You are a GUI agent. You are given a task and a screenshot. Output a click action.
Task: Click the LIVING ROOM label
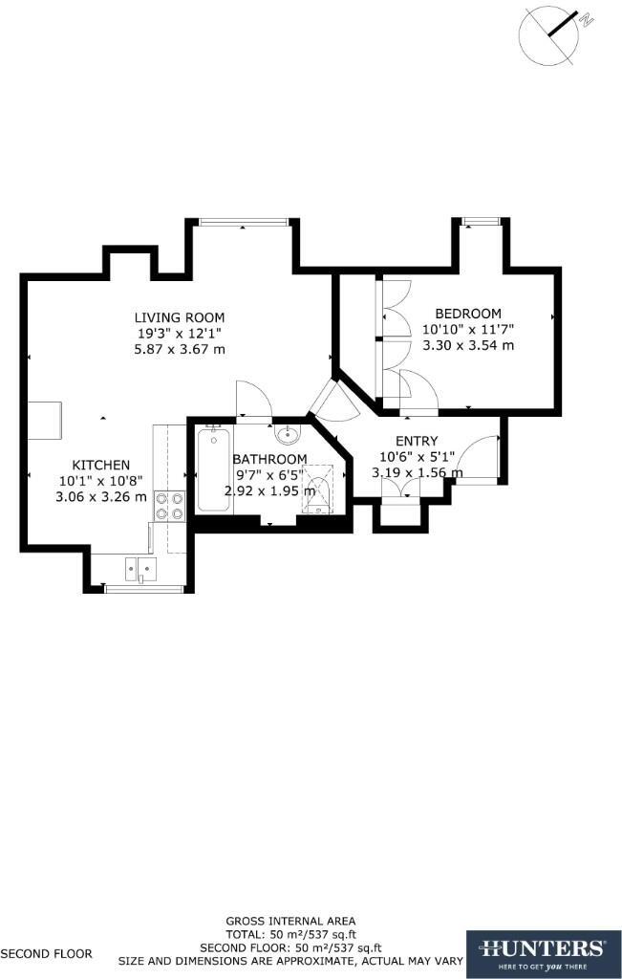pos(180,317)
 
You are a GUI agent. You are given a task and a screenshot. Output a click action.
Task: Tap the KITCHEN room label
pos(101,466)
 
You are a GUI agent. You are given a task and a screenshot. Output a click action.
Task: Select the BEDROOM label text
pos(468,314)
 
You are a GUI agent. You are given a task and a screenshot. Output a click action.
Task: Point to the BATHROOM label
pos(269,460)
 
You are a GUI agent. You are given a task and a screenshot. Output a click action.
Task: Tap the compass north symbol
pos(549,33)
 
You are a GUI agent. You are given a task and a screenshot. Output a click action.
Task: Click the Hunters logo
pos(543,953)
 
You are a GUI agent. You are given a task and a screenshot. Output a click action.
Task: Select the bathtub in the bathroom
pos(213,471)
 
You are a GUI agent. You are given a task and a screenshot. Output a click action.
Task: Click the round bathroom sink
pos(286,435)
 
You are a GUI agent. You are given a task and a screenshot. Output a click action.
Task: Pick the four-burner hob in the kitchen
pos(169,505)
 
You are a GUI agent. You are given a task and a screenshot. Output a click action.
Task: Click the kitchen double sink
pos(139,571)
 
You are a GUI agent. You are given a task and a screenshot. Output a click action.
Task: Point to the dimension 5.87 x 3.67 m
pos(180,349)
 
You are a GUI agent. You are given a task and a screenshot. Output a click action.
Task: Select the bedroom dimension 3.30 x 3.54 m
pos(468,345)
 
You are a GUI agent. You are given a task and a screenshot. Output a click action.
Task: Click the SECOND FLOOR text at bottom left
pos(46,953)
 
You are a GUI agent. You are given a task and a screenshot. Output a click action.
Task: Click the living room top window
pos(244,223)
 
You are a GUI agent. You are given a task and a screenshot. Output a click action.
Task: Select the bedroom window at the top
pos(481,223)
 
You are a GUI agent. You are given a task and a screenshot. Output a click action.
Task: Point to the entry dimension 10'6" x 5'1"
pos(417,457)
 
